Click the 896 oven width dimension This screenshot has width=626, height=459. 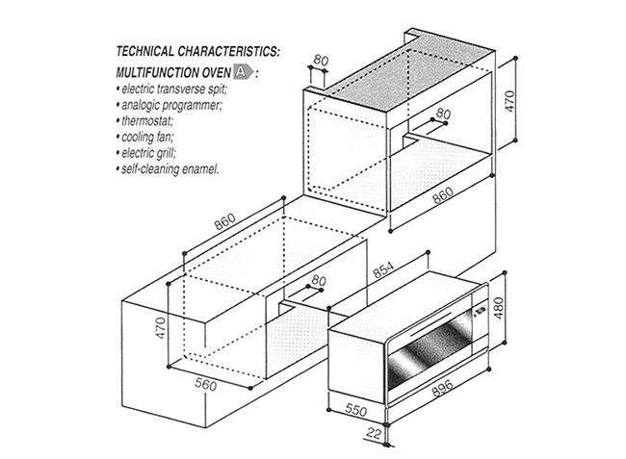point(442,388)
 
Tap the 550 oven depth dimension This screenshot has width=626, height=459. point(355,410)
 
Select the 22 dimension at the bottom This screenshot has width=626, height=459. point(374,433)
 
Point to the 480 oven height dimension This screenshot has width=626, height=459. point(499,308)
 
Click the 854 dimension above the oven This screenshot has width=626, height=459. point(383,269)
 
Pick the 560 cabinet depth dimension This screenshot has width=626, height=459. point(205,384)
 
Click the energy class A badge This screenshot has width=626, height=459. point(243,71)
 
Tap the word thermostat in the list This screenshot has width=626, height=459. point(147,120)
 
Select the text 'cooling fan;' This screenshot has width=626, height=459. point(147,137)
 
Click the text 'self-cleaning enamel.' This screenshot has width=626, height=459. point(170,169)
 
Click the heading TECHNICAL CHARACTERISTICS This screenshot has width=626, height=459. point(197,51)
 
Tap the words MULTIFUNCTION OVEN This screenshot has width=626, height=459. point(173,72)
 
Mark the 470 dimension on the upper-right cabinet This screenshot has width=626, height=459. point(509,101)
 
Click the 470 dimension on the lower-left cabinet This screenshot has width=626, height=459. point(160,328)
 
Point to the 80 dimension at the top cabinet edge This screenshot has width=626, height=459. point(321,61)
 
